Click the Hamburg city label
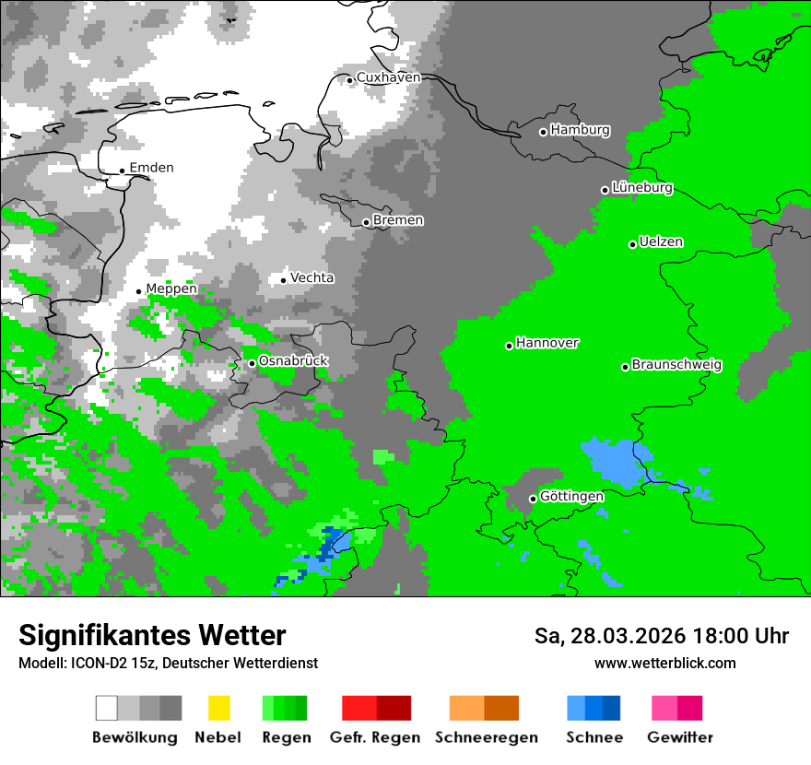pyautogui.click(x=580, y=130)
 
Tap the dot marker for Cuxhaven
pyautogui.click(x=350, y=80)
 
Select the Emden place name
pyautogui.click(x=151, y=168)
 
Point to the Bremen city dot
pyautogui.click(x=366, y=222)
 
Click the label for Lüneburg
pyautogui.click(x=641, y=187)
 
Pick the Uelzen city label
pyautogui.click(x=661, y=241)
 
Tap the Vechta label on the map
pyautogui.click(x=311, y=277)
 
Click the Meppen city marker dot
pyautogui.click(x=139, y=291)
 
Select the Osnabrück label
pyautogui.click(x=293, y=360)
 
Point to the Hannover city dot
pyautogui.click(x=509, y=346)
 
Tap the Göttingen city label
pyautogui.click(x=571, y=496)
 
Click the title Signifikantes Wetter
pyautogui.click(x=152, y=635)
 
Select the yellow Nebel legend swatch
pyautogui.click(x=218, y=708)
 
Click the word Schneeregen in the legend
pyautogui.click(x=486, y=737)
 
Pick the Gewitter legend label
pyautogui.click(x=679, y=737)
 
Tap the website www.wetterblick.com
pyautogui.click(x=664, y=663)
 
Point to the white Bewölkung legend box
pyautogui.click(x=107, y=708)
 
